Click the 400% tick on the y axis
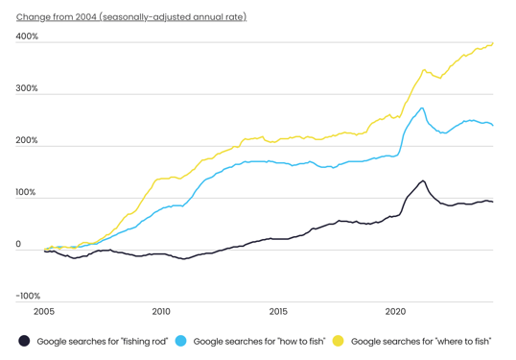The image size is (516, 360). point(27,36)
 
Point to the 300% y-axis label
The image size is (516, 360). point(27,88)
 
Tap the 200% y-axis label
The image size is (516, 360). point(27,140)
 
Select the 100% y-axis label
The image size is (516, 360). point(27,192)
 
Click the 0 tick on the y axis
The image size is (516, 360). point(18,244)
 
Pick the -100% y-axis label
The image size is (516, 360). point(28,296)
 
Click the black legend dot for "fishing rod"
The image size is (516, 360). point(24,341)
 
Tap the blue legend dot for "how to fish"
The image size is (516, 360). point(180,341)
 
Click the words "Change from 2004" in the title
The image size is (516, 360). point(56,16)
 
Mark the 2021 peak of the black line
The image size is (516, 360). point(422,180)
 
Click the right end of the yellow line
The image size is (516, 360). point(493,42)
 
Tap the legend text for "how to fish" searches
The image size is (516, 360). point(259,341)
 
